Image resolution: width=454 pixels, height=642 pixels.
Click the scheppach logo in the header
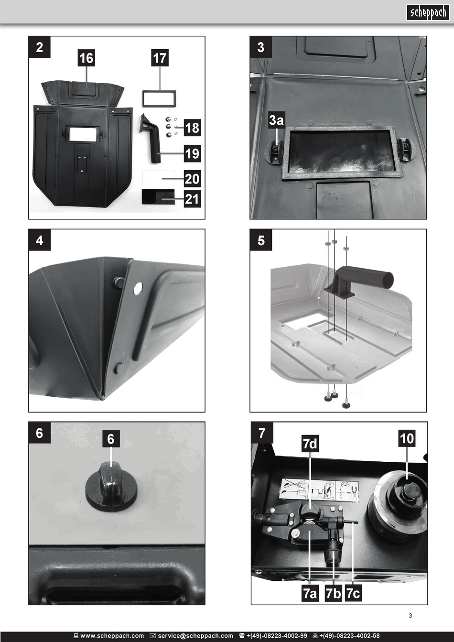pos(428,12)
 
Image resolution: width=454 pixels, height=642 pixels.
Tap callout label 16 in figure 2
pos(86,58)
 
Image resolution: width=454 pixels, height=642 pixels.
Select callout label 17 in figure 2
pos(160,58)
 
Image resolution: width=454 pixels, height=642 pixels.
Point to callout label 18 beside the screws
pos(192,128)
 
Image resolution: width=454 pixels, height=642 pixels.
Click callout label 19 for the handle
pos(192,153)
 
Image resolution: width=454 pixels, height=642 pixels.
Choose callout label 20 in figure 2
pos(192,179)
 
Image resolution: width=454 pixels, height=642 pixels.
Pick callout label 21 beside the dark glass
pos(192,198)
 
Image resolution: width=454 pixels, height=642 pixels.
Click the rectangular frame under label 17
pos(159,91)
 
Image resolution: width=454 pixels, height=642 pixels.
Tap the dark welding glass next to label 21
pos(158,196)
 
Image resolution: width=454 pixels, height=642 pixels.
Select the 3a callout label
pos(276,120)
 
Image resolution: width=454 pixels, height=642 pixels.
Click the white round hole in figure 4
pos(138,289)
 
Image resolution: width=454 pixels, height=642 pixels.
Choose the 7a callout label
pos(310,593)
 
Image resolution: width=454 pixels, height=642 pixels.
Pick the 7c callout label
pos(353,593)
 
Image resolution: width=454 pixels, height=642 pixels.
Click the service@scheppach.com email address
pos(195,636)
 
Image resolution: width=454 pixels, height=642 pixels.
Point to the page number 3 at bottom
pos(410,615)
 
